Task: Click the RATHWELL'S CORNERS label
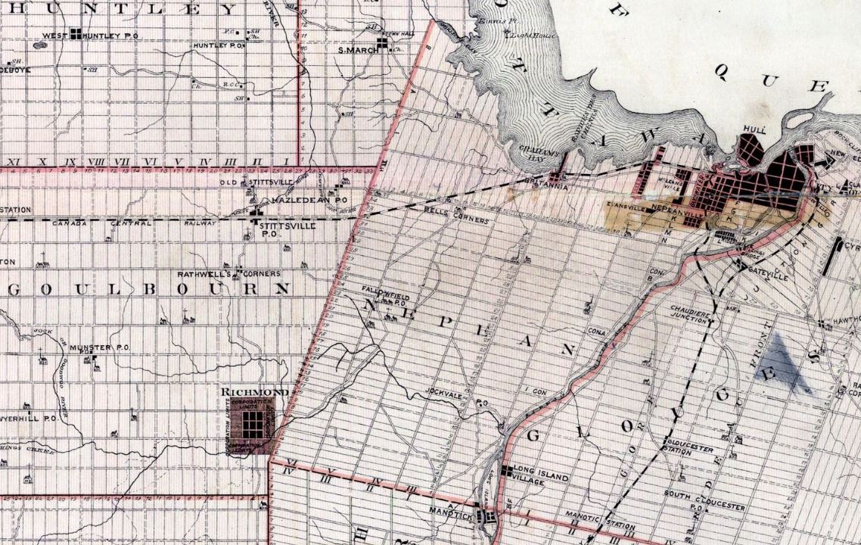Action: (219, 273)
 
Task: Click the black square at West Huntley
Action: (75, 33)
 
